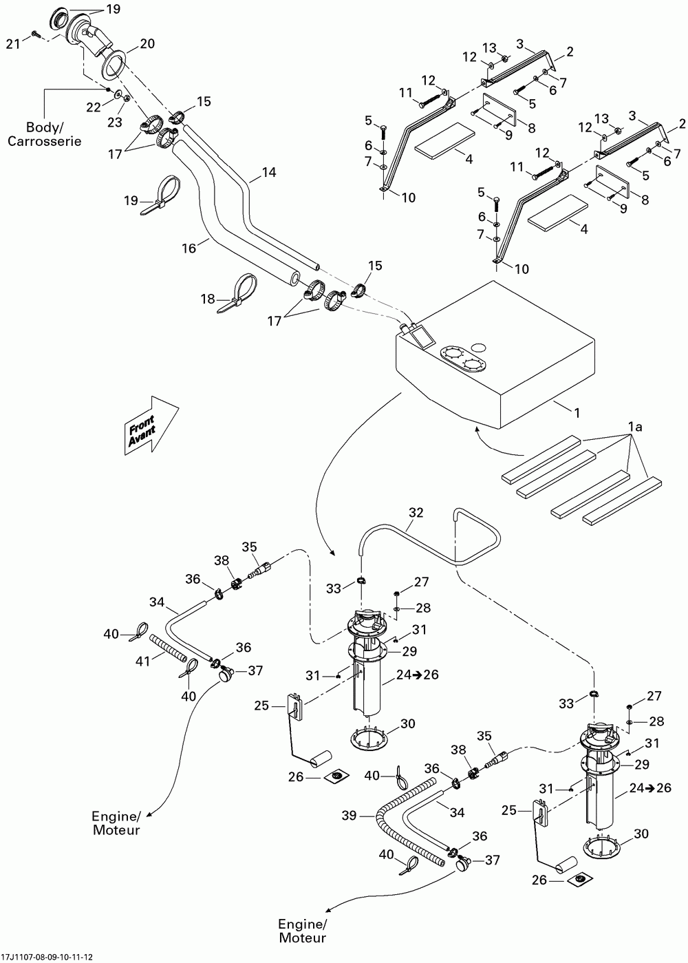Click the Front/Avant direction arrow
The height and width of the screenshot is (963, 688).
pos(151,425)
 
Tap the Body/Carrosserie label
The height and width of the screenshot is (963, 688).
pos(45,134)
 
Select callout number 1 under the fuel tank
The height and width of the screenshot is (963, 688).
pos(577,413)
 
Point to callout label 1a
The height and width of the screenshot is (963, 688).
pos(635,427)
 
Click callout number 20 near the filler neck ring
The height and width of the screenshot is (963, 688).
pos(147,43)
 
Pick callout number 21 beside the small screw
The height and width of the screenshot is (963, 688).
pos(13,43)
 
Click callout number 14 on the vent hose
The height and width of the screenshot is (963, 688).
pos(269,172)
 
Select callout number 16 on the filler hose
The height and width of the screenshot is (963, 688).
pos(189,248)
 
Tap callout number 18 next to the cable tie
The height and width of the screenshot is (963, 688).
pos(208,298)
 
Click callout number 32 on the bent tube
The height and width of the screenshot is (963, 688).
pos(416,512)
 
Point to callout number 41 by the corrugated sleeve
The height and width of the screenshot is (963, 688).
pos(142,661)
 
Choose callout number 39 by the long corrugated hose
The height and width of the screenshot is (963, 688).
pos(350,815)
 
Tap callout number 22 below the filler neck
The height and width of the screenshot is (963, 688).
pos(94,107)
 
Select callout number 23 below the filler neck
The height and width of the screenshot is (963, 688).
pos(115,122)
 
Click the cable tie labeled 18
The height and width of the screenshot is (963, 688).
pos(237,293)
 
